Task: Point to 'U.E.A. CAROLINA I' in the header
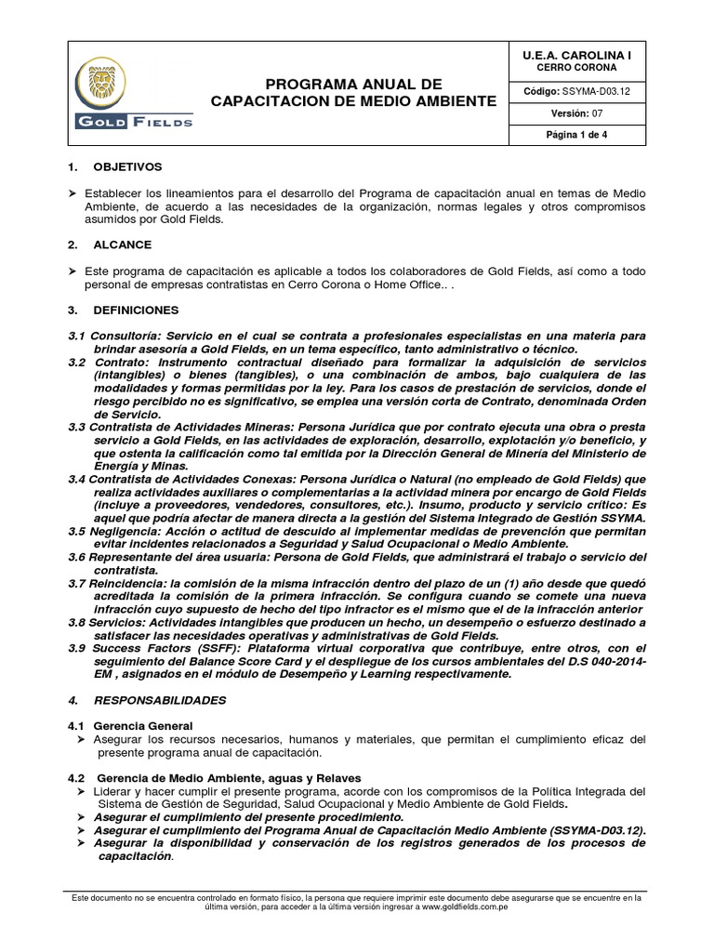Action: tap(576, 56)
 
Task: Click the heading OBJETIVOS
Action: tap(127, 166)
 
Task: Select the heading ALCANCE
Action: tap(122, 245)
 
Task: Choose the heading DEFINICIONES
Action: tap(134, 309)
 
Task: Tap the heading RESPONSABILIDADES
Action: tap(151, 697)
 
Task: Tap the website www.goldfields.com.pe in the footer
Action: tap(459, 907)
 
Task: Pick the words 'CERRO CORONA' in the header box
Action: tap(576, 68)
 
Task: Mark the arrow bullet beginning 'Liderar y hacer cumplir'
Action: tap(81, 791)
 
